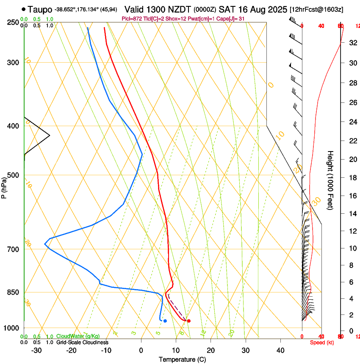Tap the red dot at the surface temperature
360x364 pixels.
[x=188, y=321]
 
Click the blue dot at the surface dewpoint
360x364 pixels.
[x=165, y=321]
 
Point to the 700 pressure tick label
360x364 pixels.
[x=13, y=249]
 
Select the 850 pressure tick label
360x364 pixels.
[x=13, y=292]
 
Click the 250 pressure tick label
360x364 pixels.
[x=13, y=22]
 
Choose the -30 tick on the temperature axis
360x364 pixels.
[x=36, y=350]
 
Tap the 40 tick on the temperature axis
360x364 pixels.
[x=280, y=350]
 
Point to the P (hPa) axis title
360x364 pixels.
[x=4, y=187]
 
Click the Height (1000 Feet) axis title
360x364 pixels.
[x=331, y=180]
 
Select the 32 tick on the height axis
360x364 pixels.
[x=352, y=43]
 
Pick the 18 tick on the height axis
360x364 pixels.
[x=352, y=178]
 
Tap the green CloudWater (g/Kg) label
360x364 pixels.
[x=78, y=336]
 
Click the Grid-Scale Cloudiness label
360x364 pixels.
[x=82, y=342]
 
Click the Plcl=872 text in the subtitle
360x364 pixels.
[x=131, y=19]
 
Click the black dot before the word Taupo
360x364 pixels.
[x=24, y=9]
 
